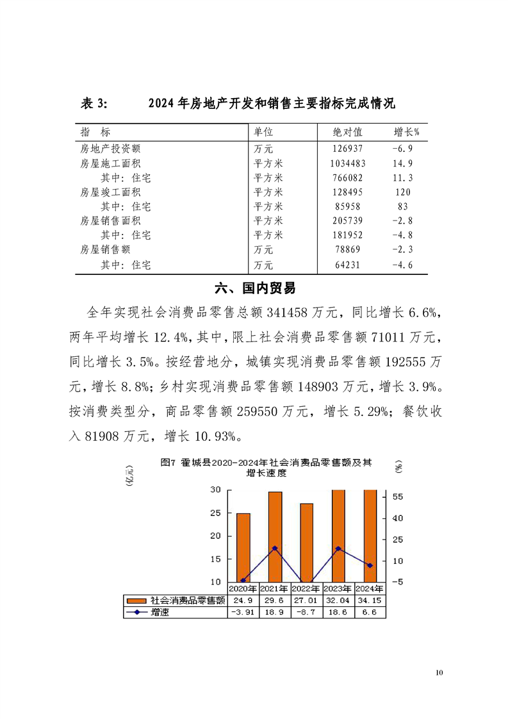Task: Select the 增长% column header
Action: click(x=406, y=132)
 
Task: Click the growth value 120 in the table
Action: click(x=402, y=192)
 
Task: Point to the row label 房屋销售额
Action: click(x=105, y=250)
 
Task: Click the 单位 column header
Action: click(x=263, y=132)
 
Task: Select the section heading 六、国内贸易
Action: click(x=254, y=288)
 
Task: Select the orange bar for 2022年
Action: click(x=307, y=542)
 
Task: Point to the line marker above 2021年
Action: click(x=275, y=549)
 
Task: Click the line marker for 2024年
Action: click(x=370, y=565)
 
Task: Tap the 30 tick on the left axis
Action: click(x=216, y=490)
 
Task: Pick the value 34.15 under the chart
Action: click(x=370, y=601)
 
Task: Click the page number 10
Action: click(x=439, y=673)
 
